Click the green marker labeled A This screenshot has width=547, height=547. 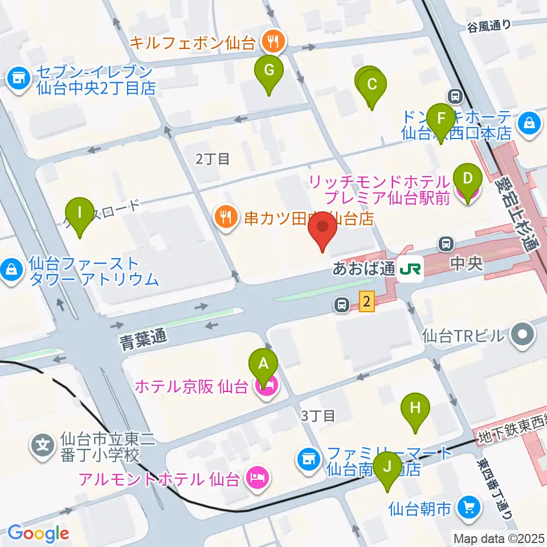263,363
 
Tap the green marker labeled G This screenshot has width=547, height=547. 270,70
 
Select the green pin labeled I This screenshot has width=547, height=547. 79,213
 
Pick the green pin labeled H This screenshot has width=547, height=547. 415,408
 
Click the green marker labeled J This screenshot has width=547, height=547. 388,467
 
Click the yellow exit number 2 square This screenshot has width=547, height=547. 367,301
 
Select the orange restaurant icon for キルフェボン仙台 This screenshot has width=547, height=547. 270,40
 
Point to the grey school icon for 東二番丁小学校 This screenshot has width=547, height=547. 43,443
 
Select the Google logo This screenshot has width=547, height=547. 38,533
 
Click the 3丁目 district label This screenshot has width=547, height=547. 318,416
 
